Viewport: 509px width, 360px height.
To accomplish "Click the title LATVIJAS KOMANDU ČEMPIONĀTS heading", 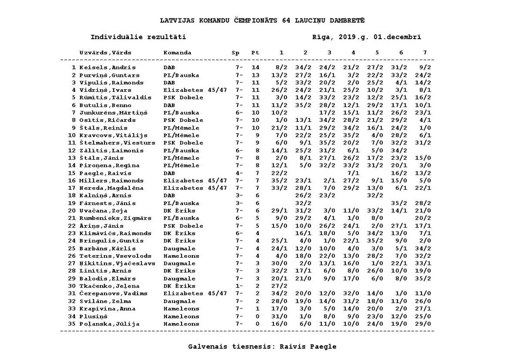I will point(262,20).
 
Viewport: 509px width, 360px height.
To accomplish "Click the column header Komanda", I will point(177,53).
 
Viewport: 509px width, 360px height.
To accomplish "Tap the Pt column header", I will point(256,53).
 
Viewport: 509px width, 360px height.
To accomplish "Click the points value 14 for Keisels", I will point(256,67).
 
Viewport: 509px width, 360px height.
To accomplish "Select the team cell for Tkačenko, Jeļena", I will point(179,285).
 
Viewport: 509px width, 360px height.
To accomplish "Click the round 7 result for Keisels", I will point(425,67).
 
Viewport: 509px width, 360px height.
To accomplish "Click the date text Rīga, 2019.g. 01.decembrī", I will point(367,38).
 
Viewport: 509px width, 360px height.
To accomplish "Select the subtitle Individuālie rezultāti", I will point(138,38).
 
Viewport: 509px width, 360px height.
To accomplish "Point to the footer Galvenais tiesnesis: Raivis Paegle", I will point(262,346).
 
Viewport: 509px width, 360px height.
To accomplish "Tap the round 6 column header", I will point(401,53).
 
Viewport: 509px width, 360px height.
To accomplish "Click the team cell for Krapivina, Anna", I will point(181,308).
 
